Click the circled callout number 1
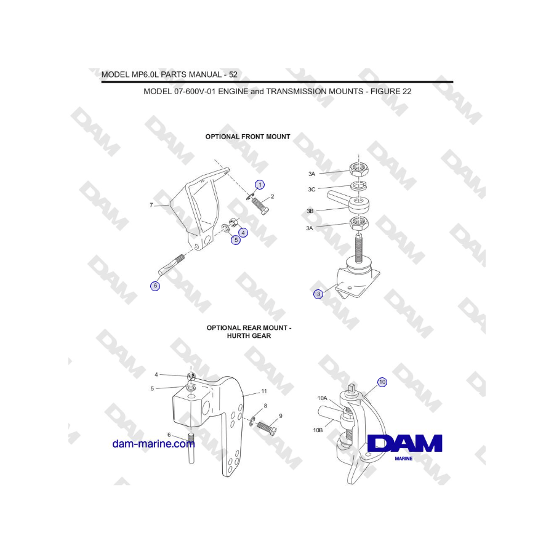tap(260, 184)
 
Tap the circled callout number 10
tap(382, 382)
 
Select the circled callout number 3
tap(318, 294)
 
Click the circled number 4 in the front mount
tap(244, 233)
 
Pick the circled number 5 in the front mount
tap(236, 240)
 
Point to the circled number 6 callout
tap(155, 286)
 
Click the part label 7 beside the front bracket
tap(151, 205)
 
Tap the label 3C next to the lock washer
tap(312, 190)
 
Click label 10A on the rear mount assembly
tap(323, 398)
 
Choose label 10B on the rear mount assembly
tap(318, 430)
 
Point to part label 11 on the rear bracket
tap(263, 391)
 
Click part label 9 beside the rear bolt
tap(281, 416)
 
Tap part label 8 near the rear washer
tap(265, 406)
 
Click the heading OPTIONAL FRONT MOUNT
tap(247, 137)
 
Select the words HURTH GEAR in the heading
tap(248, 336)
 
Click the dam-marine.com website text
tap(153, 444)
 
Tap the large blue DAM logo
tap(404, 444)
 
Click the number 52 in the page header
tap(233, 74)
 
